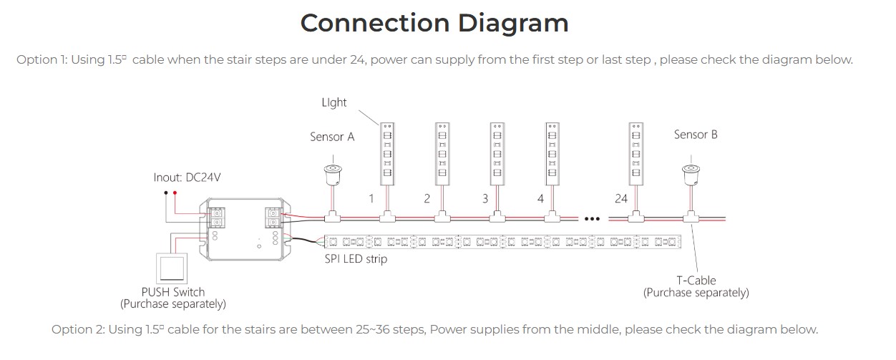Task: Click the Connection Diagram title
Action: click(434, 23)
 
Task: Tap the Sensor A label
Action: click(332, 137)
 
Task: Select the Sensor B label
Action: click(696, 134)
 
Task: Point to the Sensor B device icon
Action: click(691, 173)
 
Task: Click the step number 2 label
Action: click(427, 198)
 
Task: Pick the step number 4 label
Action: click(540, 198)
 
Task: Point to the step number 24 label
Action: click(620, 198)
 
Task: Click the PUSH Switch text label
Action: click(173, 292)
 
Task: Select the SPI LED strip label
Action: click(356, 259)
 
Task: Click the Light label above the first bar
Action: click(334, 102)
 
